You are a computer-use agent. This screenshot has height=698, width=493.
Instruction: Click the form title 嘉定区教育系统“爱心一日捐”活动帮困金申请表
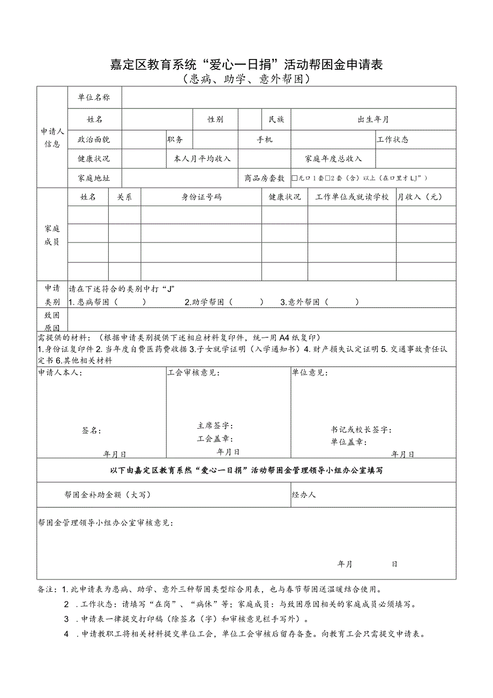click(x=246, y=65)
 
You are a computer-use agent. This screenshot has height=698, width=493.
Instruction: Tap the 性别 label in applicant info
click(x=215, y=119)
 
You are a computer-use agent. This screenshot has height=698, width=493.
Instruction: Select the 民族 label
click(x=277, y=119)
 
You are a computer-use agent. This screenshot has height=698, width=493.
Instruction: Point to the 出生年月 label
click(x=374, y=119)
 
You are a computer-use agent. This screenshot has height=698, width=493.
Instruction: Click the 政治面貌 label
click(x=94, y=139)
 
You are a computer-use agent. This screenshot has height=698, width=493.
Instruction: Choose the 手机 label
click(x=264, y=139)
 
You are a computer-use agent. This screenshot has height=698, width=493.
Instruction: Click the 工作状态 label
click(x=393, y=139)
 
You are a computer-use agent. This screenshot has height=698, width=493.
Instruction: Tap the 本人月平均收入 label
click(x=201, y=159)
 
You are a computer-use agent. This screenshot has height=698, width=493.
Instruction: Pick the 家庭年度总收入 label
click(x=333, y=159)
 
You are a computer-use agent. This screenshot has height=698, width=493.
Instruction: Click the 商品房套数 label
click(x=264, y=178)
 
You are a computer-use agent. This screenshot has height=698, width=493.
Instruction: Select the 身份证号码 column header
click(x=201, y=197)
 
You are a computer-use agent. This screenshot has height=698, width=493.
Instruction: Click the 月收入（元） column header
click(x=420, y=197)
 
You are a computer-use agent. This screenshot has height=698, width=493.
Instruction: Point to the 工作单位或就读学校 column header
click(x=352, y=197)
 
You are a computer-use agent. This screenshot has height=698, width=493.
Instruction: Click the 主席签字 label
click(x=215, y=425)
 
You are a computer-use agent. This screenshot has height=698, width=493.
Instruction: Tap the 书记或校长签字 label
click(x=361, y=430)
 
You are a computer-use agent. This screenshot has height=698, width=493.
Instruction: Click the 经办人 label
click(x=304, y=495)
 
